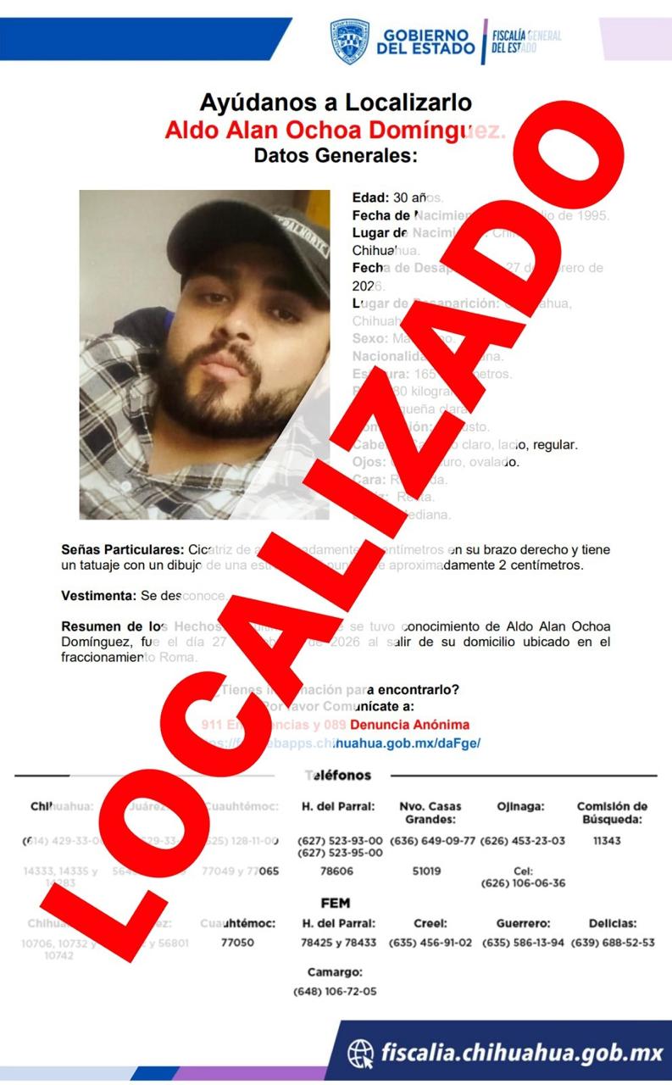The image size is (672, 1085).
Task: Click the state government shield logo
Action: coord(349,42)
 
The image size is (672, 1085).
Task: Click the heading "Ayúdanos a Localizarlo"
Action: coord(336,103)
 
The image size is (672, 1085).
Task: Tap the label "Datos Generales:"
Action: coord(336,155)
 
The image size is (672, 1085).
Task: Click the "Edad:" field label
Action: coord(370,198)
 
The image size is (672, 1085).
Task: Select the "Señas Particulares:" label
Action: coord(122,549)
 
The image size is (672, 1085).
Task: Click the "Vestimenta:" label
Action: coord(98,596)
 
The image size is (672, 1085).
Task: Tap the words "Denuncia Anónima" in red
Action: coord(409,725)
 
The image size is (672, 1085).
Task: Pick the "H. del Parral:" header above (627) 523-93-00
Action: coord(338,806)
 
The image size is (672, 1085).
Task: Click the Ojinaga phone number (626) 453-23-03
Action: coord(522,840)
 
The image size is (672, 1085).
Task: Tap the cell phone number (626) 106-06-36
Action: coord(522,882)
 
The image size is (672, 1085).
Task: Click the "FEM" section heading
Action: coord(336,903)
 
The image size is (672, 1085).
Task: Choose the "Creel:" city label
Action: coord(430,923)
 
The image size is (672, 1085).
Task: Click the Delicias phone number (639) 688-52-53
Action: coord(613,943)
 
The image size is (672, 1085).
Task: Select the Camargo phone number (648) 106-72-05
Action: coord(335,991)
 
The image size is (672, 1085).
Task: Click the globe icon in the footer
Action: coord(362,1054)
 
